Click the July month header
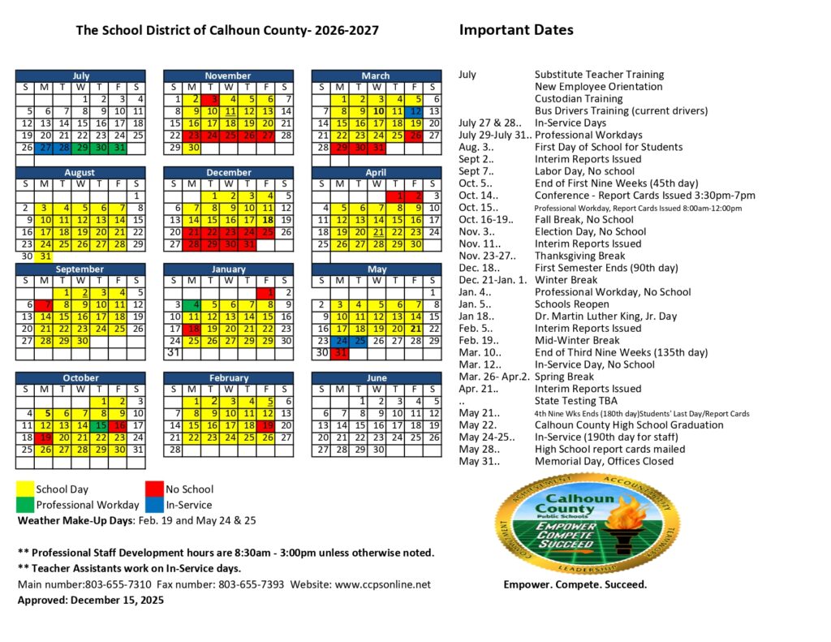click(x=80, y=75)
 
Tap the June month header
click(x=377, y=377)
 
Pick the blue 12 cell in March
click(x=415, y=111)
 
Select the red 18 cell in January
click(x=192, y=329)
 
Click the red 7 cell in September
click(x=45, y=304)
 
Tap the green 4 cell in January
click(x=192, y=304)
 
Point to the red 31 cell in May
click(x=341, y=353)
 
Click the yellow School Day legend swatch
click(x=25, y=489)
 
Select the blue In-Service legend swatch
click(x=154, y=505)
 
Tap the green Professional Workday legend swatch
click(x=25, y=505)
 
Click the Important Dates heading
click(x=516, y=30)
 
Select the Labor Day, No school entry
click(x=584, y=171)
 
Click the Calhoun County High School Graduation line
click(x=628, y=424)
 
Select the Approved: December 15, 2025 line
click(x=90, y=601)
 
